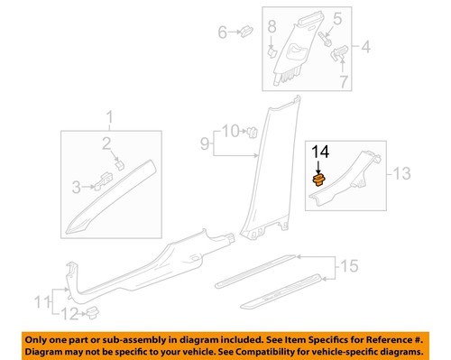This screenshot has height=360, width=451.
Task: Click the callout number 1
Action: (x=111, y=117)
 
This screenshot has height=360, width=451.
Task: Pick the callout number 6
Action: (x=222, y=33)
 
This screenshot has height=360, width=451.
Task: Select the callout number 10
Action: (x=229, y=132)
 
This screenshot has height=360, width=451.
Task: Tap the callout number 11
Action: (x=40, y=300)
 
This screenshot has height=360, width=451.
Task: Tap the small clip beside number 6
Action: (x=244, y=32)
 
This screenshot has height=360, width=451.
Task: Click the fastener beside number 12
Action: (x=92, y=313)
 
